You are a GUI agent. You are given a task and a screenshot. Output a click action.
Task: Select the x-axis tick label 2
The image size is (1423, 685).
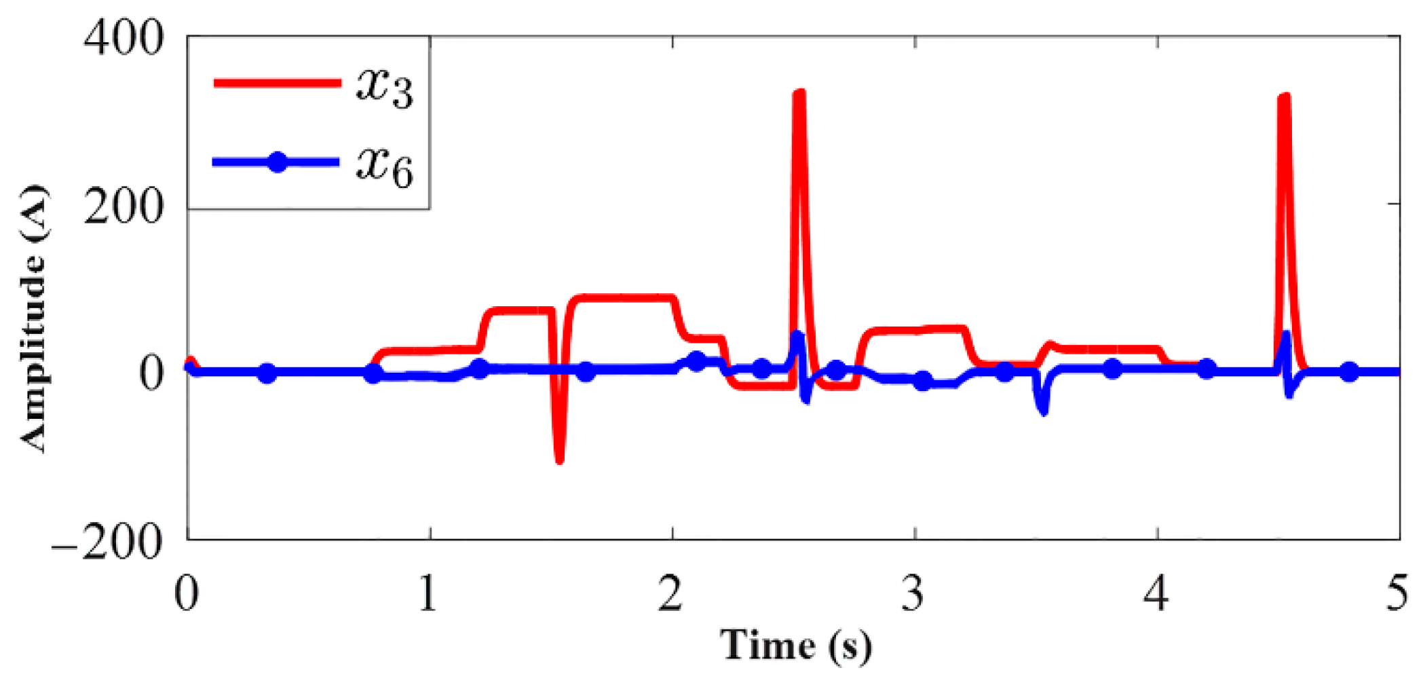click(x=670, y=594)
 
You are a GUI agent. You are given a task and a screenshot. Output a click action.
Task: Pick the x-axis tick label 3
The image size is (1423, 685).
click(x=913, y=594)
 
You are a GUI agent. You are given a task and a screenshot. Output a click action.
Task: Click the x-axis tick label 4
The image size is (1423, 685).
click(x=1156, y=594)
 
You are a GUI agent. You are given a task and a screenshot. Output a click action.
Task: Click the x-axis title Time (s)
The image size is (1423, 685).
click(x=795, y=645)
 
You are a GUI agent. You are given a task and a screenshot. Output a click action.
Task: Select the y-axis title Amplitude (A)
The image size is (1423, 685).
click(x=33, y=318)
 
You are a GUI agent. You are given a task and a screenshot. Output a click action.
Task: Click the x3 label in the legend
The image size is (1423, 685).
click(x=384, y=87)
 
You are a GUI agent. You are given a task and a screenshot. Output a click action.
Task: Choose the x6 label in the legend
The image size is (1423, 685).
click(x=384, y=166)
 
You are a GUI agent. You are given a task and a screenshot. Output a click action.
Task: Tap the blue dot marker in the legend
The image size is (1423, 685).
click(x=277, y=162)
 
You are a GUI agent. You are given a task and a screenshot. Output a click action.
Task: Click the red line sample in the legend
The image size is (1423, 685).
click(x=277, y=83)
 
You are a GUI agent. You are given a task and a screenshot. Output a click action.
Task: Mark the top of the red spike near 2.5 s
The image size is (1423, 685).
click(x=799, y=94)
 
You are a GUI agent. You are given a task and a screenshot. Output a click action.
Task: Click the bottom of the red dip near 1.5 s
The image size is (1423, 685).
click(x=559, y=460)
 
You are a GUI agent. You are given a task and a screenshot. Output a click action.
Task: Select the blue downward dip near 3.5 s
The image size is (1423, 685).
click(x=1043, y=409)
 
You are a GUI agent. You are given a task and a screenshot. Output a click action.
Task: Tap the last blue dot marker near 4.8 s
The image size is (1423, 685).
click(x=1349, y=372)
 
